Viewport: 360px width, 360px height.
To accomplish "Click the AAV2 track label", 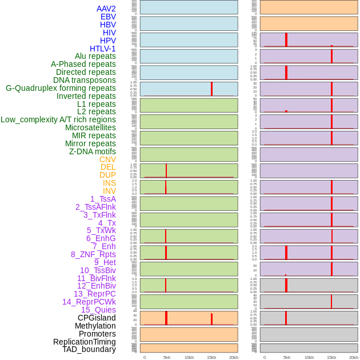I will point(106,9).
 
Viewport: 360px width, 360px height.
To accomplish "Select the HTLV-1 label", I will point(102,49).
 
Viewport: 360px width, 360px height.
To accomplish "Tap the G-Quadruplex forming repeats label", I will point(61,88).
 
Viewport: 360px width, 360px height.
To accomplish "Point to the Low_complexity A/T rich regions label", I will point(58,119).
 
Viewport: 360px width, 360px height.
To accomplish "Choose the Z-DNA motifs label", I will point(92,151).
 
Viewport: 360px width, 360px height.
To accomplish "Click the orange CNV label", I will point(107,159).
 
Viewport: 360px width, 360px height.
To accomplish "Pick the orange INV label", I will point(109,191).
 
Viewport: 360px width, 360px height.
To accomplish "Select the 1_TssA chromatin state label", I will point(103,199).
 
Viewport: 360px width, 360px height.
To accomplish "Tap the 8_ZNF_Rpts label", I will point(93,254).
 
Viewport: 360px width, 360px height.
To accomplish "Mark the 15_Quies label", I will point(98,310).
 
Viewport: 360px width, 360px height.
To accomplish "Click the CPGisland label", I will point(97,318).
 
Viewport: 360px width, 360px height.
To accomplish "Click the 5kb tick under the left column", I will point(167,357).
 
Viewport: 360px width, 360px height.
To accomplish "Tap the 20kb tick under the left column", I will point(233,357).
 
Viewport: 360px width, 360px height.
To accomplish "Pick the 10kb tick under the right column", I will point(309,357).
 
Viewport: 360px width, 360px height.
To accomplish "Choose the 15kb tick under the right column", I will point(331,357).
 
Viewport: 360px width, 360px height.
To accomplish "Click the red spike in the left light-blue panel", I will point(211,89).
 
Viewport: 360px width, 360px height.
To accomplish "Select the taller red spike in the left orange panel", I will point(166,318).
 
